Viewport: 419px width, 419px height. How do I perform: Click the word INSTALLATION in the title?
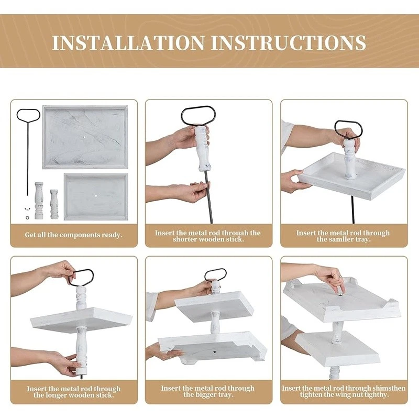click(x=128, y=42)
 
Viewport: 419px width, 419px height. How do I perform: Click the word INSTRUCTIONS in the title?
click(x=289, y=42)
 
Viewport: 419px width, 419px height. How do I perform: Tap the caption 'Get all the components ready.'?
click(x=73, y=235)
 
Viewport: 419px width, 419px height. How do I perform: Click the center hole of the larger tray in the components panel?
click(x=84, y=137)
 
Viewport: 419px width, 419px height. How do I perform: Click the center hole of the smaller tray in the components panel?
click(x=96, y=196)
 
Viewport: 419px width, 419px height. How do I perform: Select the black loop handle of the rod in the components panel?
click(x=28, y=115)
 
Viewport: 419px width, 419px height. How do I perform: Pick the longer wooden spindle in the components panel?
click(x=39, y=201)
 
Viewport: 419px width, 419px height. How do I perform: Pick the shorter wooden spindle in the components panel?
click(x=54, y=204)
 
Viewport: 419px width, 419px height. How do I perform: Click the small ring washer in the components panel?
click(x=28, y=218)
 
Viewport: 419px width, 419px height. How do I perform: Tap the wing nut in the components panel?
click(x=27, y=208)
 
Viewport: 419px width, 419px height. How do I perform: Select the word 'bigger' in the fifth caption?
click(x=207, y=394)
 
